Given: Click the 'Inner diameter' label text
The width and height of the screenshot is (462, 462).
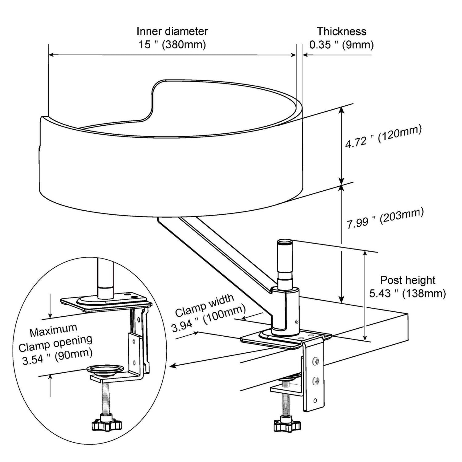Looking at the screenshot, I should tap(172, 31).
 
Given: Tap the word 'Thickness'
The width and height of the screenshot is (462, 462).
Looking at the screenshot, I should tap(342, 31).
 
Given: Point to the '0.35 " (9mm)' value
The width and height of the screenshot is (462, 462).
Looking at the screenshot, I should tap(342, 45).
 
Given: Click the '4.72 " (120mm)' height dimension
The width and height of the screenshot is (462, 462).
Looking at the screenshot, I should tap(383, 137).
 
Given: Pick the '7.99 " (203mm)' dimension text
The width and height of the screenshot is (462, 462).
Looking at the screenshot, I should tap(385, 218).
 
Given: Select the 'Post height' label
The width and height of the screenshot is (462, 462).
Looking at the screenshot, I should tap(407, 280).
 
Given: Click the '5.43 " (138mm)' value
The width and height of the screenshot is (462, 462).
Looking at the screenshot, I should tap(407, 293).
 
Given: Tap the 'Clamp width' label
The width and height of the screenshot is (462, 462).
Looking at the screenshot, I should tap(205, 306).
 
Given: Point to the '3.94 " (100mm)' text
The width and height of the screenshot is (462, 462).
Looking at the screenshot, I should tap(209, 318).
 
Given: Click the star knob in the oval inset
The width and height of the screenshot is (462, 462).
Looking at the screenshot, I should tap(107, 425).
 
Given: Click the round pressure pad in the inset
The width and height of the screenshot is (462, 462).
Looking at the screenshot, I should tap(106, 370).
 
